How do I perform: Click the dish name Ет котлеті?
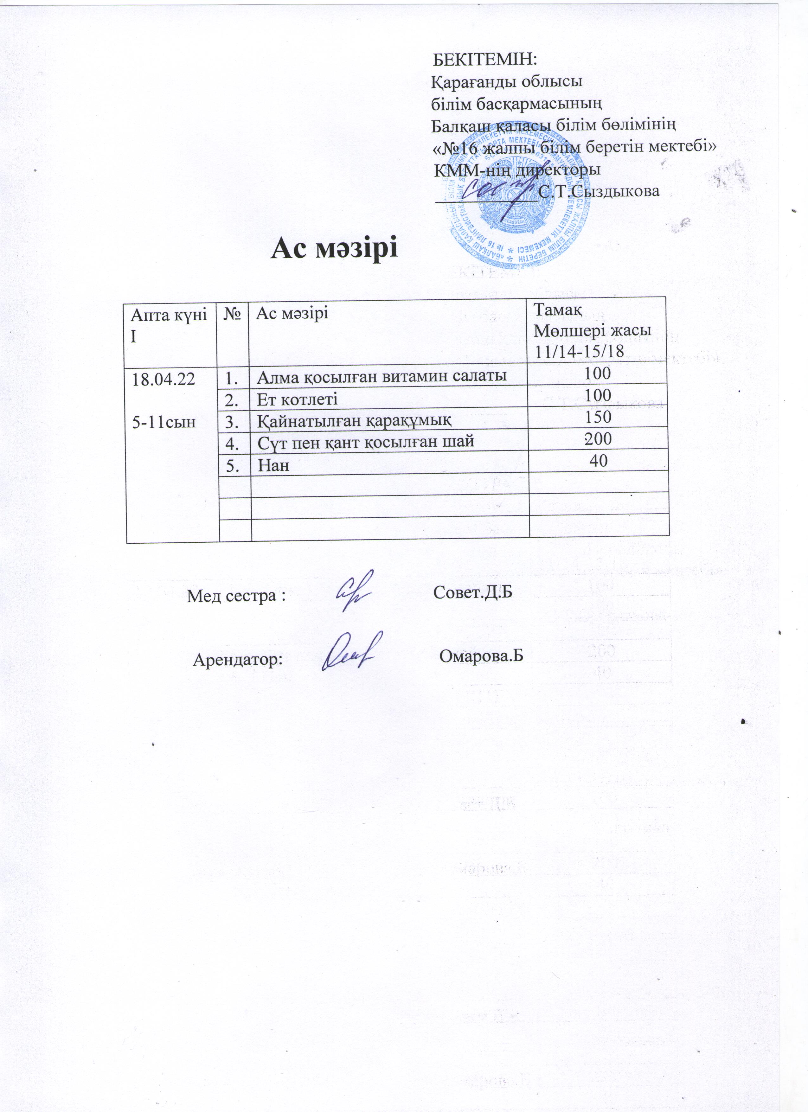pyautogui.click(x=298, y=399)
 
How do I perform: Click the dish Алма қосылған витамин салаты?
pyautogui.click(x=382, y=377)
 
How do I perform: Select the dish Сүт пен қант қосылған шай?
pyautogui.click(x=366, y=442)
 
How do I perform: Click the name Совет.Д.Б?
pyautogui.click(x=473, y=593)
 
